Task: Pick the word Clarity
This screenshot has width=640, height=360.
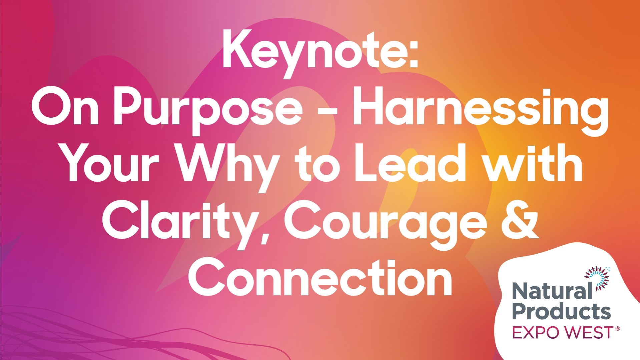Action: coord(180,222)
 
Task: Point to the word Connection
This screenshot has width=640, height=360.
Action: coord(320,278)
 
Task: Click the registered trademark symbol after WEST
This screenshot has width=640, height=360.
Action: coord(617,329)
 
